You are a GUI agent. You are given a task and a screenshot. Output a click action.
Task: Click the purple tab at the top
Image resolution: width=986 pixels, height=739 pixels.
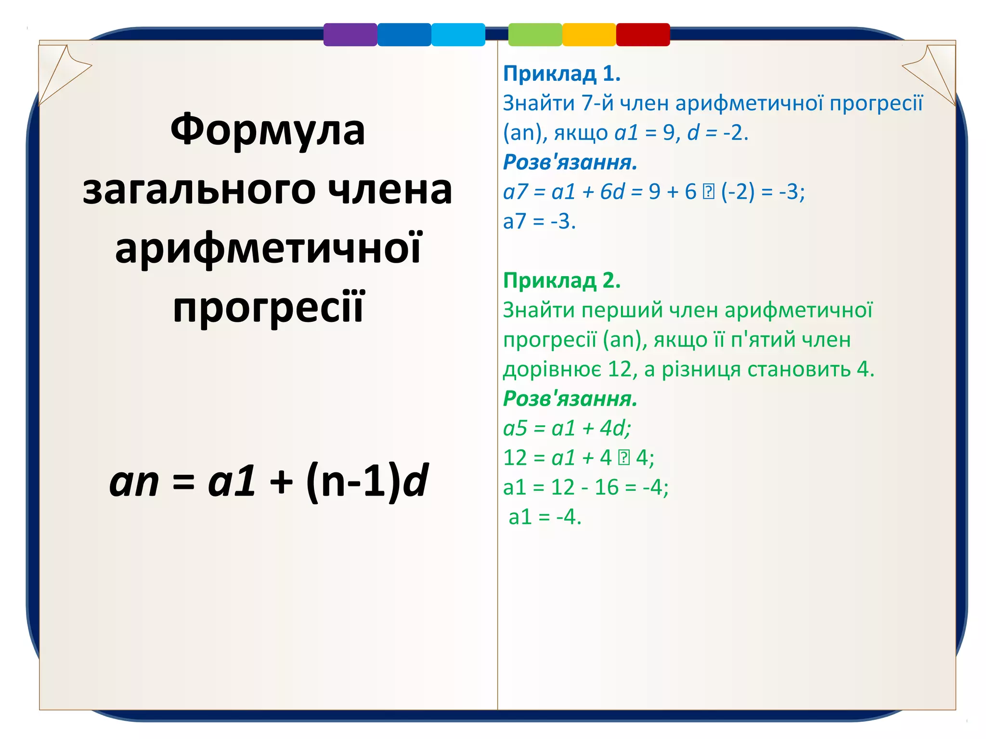pos(350,35)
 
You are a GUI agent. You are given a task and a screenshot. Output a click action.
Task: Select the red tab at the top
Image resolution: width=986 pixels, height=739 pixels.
pos(643,35)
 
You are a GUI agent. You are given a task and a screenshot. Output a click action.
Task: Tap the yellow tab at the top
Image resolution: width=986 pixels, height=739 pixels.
pos(589,35)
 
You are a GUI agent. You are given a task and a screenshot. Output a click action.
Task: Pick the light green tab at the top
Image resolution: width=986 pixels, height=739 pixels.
pos(535,35)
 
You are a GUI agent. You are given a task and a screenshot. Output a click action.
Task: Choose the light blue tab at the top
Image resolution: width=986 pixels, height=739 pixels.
pos(458,35)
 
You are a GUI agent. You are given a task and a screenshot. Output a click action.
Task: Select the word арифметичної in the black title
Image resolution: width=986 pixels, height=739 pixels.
pos(268,249)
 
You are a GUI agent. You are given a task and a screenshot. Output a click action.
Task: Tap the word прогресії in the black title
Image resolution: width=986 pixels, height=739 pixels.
pos(268,308)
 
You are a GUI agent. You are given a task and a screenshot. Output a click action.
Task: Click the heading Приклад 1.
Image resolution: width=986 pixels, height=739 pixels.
pos(562,74)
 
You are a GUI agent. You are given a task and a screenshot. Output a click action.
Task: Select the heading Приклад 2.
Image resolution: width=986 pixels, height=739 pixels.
pos(562,280)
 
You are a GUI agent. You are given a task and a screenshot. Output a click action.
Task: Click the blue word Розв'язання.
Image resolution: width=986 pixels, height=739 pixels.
pos(570,163)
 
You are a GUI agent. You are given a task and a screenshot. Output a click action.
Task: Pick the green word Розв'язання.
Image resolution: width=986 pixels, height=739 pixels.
pos(570,399)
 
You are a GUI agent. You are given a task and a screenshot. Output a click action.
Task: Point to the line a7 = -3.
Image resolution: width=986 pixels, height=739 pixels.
pos(539,222)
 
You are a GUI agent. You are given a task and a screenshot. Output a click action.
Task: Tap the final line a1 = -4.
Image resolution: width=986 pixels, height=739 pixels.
pos(545,517)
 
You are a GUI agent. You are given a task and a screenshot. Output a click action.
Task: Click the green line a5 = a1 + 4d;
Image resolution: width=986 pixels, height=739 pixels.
pos(567,428)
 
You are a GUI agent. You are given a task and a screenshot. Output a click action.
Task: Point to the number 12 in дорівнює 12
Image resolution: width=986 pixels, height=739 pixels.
pos(620,369)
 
